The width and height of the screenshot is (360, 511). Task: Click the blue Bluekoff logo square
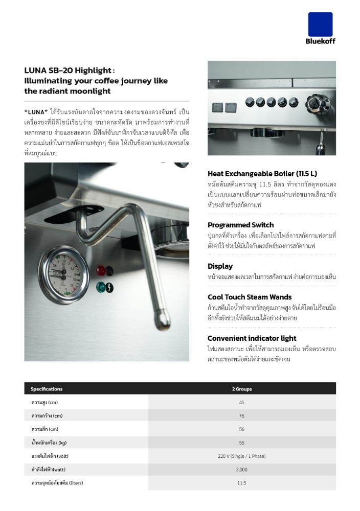[x=320, y=25]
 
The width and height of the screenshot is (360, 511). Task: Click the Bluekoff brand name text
[x=320, y=41]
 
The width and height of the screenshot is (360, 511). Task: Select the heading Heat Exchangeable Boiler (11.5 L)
[x=262, y=174]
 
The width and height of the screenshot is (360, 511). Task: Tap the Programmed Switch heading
[x=240, y=225]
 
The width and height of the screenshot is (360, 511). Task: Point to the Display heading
[x=220, y=266]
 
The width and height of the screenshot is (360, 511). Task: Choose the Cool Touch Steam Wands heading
[x=250, y=297]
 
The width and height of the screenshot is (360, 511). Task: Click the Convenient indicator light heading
[x=252, y=338]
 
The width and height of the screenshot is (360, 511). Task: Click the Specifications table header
[x=47, y=389]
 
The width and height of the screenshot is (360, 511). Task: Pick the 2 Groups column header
[x=241, y=389]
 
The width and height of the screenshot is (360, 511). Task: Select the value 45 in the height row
[x=241, y=403]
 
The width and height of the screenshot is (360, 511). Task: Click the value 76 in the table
[x=241, y=416]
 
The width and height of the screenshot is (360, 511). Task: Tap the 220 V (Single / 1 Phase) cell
[x=241, y=456]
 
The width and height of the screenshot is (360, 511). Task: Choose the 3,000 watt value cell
[x=241, y=470]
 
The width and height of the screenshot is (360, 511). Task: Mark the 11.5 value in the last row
[x=241, y=483]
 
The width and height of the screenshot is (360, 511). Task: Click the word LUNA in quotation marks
[x=36, y=111]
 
